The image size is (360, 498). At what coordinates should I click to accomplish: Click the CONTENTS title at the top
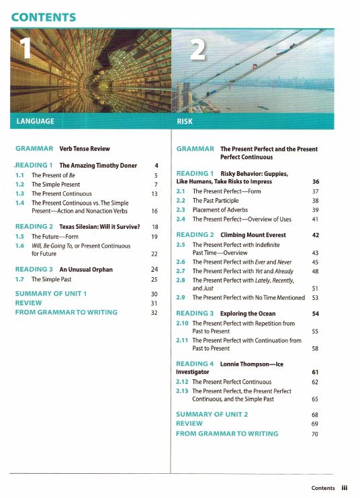pyautogui.click(x=44, y=17)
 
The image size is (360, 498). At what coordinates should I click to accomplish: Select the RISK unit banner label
pyautogui.click(x=185, y=121)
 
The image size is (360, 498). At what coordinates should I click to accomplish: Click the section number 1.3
pyautogui.click(x=19, y=193)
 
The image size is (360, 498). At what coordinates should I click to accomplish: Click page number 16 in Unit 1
pyautogui.click(x=154, y=211)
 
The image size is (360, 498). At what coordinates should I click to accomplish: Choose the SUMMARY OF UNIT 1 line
pyautogui.click(x=51, y=294)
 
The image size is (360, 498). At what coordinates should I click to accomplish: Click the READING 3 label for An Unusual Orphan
pyautogui.click(x=34, y=269)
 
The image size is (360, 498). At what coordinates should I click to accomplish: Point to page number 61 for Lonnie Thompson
pyautogui.click(x=314, y=372)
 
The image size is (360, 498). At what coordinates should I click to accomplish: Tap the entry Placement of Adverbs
pyautogui.click(x=220, y=209)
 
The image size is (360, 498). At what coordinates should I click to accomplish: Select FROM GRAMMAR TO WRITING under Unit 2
pyautogui.click(x=226, y=434)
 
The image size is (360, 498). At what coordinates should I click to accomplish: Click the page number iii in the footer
pyautogui.click(x=344, y=488)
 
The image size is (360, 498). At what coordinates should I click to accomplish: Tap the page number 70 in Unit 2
pyautogui.click(x=314, y=434)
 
